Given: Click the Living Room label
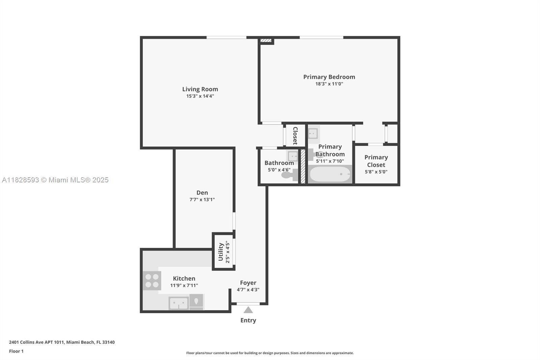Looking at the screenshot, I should (x=200, y=89).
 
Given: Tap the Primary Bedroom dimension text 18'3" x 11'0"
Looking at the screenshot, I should (x=329, y=84).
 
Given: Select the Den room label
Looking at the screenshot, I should (x=202, y=192).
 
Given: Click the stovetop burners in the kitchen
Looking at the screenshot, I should (x=152, y=281).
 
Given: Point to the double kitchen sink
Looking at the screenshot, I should (x=179, y=303).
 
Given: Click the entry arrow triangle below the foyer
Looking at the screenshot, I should (x=248, y=310).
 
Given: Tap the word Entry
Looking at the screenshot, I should (x=248, y=320).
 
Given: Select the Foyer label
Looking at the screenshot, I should (x=248, y=283).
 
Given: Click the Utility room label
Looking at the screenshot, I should (x=221, y=252).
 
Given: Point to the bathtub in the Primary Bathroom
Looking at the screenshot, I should (x=330, y=174).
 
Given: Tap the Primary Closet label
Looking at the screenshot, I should (x=376, y=161).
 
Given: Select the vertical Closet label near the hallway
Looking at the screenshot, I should (x=295, y=135).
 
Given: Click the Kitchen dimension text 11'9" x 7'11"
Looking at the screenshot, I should (x=184, y=285).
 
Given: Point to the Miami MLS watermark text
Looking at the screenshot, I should (x=55, y=180).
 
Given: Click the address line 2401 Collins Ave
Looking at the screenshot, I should (x=62, y=342).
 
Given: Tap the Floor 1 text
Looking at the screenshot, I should (x=16, y=351).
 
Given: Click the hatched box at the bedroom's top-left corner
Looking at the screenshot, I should (x=266, y=41).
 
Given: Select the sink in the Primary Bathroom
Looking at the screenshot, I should (x=313, y=133).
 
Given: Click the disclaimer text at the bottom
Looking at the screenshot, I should (x=270, y=353).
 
